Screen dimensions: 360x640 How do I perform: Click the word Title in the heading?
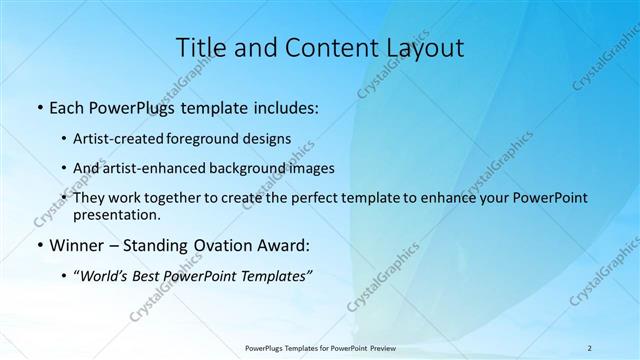(x=201, y=47)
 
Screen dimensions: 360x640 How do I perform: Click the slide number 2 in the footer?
(x=590, y=347)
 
